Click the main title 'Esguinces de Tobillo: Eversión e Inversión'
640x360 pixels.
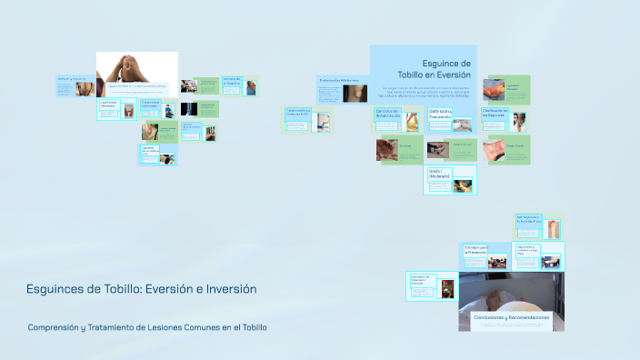142,289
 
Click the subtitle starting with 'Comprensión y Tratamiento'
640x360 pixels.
147,327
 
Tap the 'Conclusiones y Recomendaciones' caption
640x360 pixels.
511,317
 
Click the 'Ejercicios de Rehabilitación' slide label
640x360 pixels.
389,115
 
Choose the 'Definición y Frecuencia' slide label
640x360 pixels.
440,115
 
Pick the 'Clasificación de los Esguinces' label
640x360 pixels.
495,115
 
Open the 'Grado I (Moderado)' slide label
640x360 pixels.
440,175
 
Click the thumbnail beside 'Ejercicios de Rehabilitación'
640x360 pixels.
413,119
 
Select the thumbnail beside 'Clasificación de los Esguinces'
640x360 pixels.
518,119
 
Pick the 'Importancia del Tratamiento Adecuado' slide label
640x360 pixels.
419,284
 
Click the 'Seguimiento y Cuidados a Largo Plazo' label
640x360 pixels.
528,251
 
